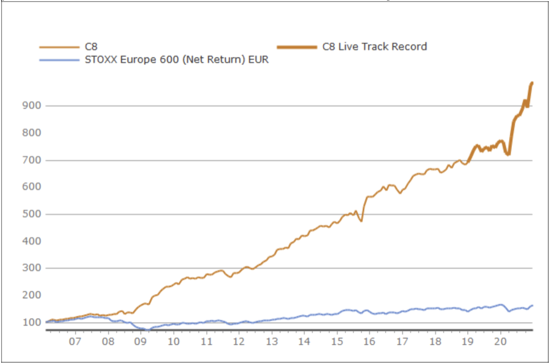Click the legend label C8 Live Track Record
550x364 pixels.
(x=374, y=47)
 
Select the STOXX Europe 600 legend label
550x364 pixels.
(x=176, y=60)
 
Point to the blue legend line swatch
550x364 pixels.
(x=59, y=60)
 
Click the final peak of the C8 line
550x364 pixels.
(x=532, y=83)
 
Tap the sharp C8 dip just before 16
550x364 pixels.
(x=361, y=220)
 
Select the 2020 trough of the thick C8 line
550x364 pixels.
(x=509, y=154)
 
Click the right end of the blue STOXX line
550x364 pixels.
(x=532, y=306)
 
